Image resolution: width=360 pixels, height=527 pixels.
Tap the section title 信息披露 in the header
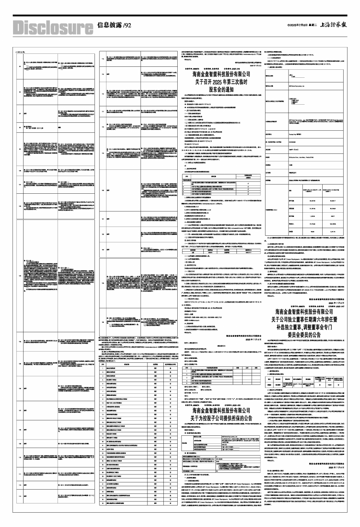[110, 25]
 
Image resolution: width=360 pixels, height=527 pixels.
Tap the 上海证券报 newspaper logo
[336, 25]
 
